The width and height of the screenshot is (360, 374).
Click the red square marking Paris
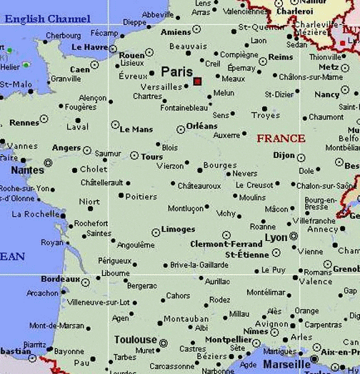coord(197,82)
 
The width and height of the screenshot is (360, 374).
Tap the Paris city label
coord(176,72)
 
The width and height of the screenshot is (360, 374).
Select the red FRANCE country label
coord(281,138)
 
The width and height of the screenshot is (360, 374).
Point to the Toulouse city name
coord(135,340)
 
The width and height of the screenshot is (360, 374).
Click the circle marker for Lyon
coord(294,237)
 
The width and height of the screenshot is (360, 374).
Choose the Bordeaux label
coord(60,279)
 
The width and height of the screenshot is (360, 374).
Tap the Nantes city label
coord(28,170)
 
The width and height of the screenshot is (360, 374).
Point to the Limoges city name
coord(179,230)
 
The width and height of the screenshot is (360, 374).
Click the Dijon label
coord(284,155)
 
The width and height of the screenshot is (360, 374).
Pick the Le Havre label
coord(89,46)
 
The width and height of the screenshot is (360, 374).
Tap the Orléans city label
coord(202,126)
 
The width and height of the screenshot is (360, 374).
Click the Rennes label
coord(24,122)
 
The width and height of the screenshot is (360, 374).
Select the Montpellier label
coord(229,340)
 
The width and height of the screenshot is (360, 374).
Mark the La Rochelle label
coord(36,214)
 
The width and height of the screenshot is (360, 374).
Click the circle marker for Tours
coord(134,155)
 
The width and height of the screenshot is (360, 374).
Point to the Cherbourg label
coord(64,35)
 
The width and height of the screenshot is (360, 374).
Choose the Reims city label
coord(281,57)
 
